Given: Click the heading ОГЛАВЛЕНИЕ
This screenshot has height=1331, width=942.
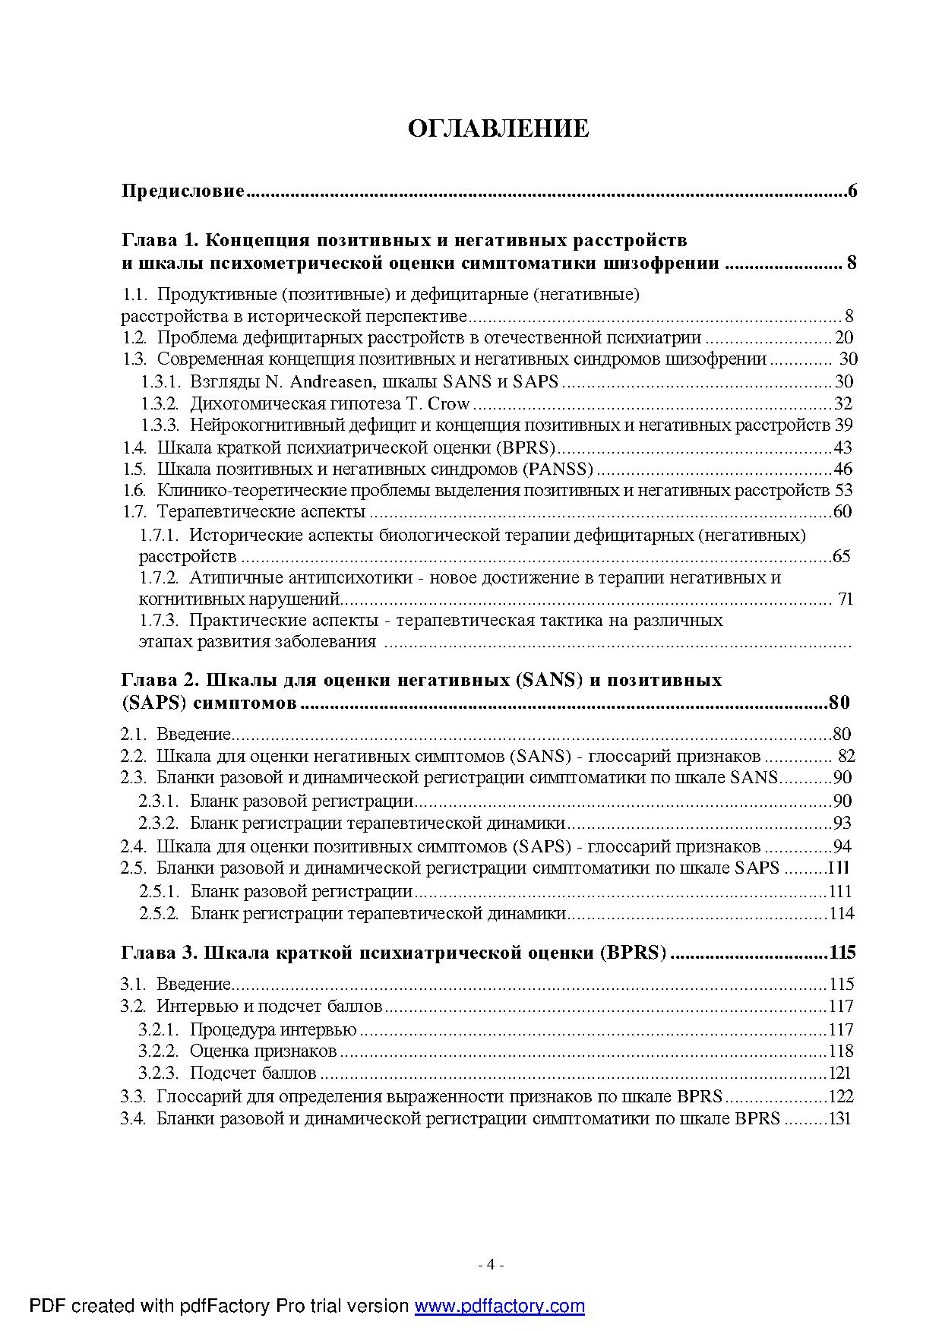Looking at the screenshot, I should pyautogui.click(x=498, y=128).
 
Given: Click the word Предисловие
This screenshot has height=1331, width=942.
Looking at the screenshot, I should pyautogui.click(x=183, y=191).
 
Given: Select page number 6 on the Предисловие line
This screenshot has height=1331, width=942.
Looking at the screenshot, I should pyautogui.click(x=852, y=191).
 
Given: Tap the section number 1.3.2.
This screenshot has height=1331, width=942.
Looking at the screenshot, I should pyautogui.click(x=160, y=403).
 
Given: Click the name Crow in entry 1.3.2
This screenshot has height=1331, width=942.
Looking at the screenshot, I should pyautogui.click(x=449, y=403).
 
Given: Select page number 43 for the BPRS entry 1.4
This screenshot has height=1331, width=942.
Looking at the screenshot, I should pyautogui.click(x=842, y=447).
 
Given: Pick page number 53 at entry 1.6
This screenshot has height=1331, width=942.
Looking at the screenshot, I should pyautogui.click(x=843, y=490).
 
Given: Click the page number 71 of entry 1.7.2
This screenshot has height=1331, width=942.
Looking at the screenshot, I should pyautogui.click(x=846, y=599).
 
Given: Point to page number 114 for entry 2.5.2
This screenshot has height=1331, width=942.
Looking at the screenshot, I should pyautogui.click(x=841, y=913).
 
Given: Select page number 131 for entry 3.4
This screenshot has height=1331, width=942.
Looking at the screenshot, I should pyautogui.click(x=839, y=1118).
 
